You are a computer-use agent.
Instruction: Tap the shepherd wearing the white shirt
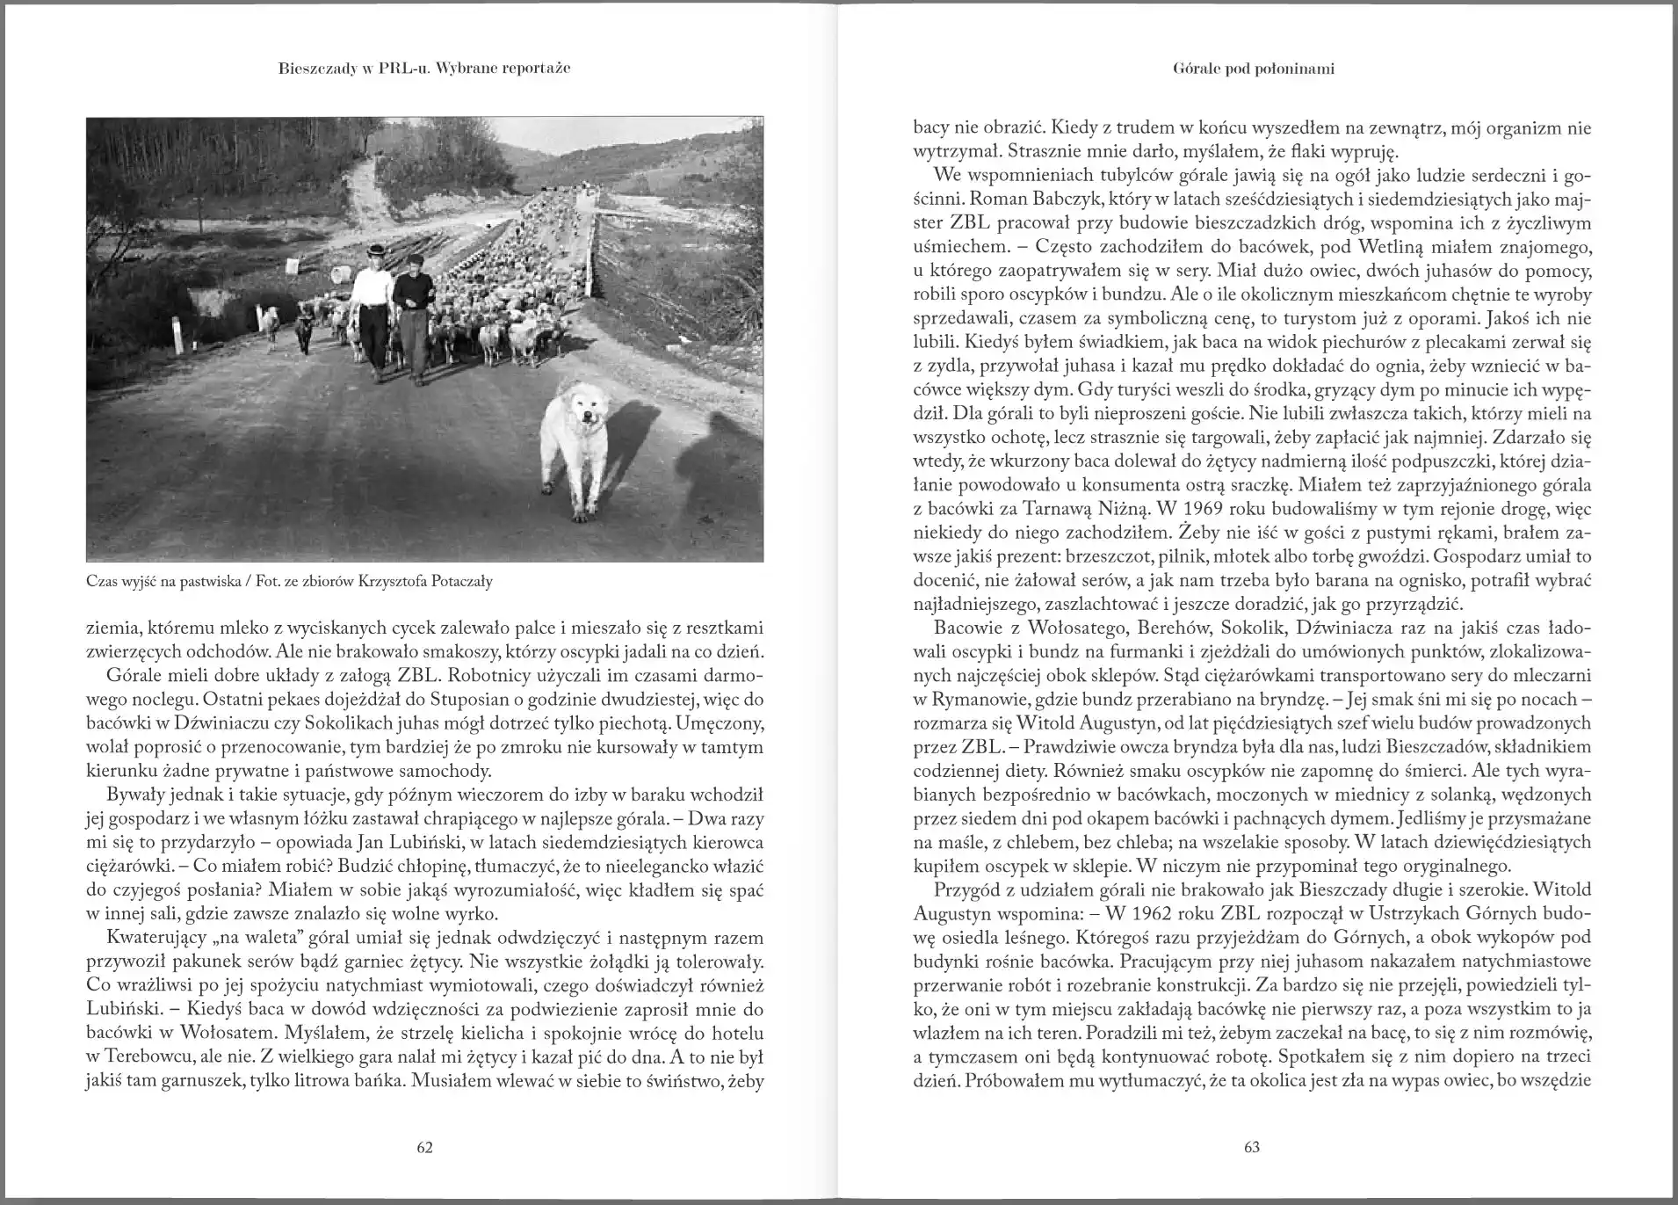[372, 308]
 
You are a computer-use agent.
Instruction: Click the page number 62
[424, 1146]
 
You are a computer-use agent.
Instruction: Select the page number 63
[1252, 1146]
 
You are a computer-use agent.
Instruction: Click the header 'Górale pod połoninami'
[1253, 69]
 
